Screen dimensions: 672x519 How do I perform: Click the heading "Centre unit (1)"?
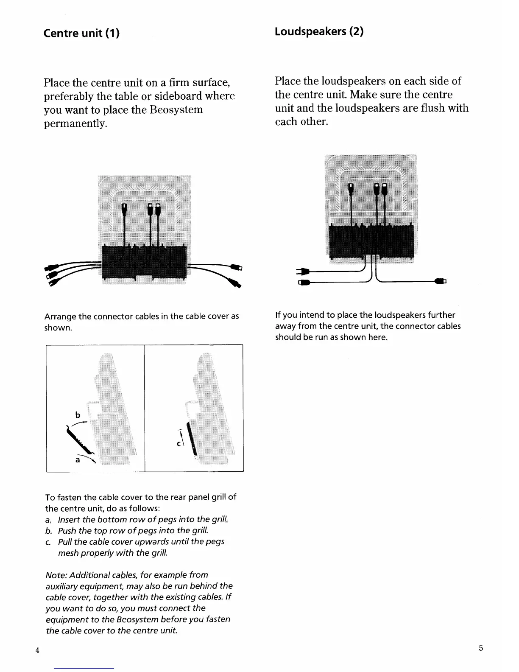81,33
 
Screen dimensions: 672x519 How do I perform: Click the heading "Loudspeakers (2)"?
319,31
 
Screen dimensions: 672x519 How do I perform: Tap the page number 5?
481,648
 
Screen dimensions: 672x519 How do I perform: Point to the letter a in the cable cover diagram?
78,459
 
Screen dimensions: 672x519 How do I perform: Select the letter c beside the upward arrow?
179,444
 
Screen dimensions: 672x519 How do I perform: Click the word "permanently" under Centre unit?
75,124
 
